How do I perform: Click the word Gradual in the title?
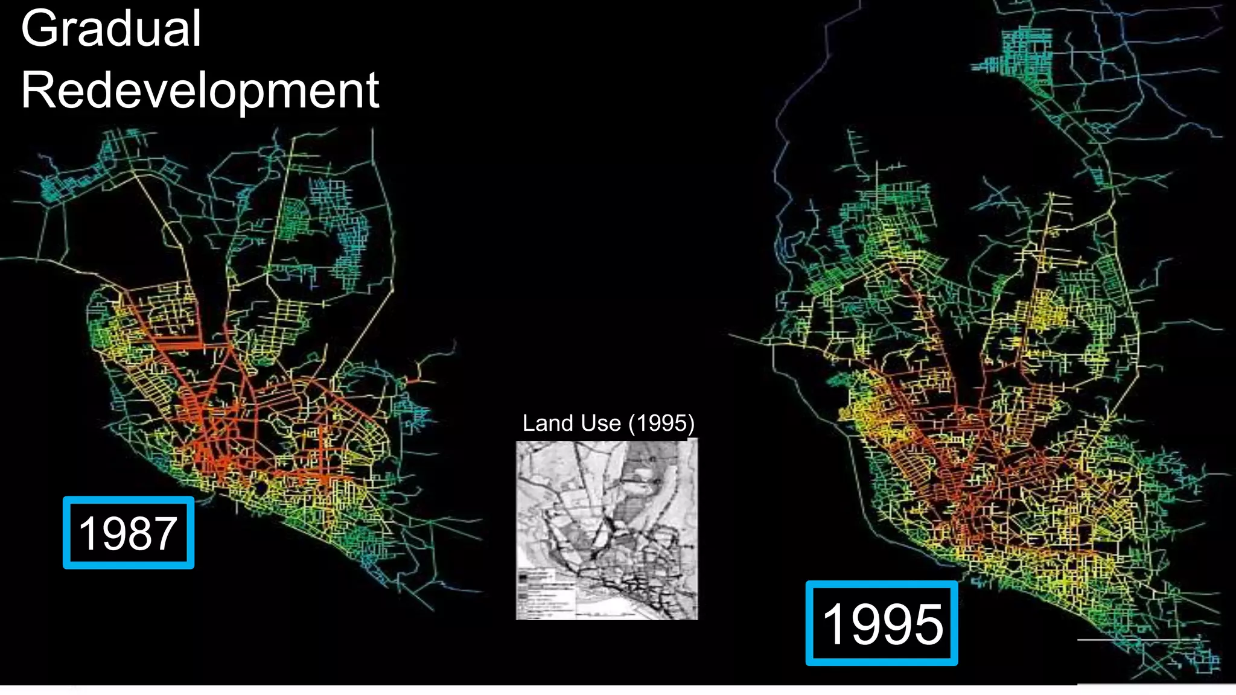(111, 29)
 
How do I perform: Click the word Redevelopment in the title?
(200, 90)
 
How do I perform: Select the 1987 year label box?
(129, 533)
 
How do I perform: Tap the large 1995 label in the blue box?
(882, 624)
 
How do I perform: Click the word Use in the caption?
(600, 423)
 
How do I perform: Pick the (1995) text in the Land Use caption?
(661, 423)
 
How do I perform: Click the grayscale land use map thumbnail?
(607, 530)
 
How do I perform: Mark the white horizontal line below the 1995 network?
(1138, 639)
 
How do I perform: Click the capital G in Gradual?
(37, 29)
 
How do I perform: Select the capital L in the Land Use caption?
(529, 423)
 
